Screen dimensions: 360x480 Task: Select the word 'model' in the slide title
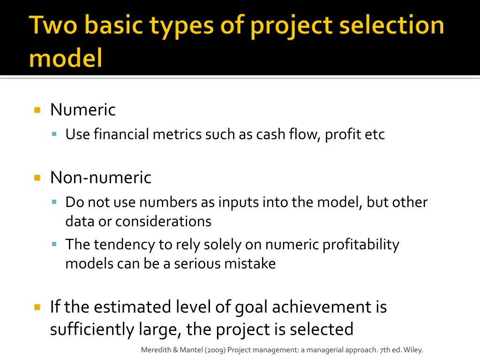click(x=66, y=60)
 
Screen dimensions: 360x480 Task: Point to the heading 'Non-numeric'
click(x=101, y=178)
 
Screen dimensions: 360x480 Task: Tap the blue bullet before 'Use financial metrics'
click(x=54, y=135)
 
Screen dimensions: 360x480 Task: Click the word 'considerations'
click(x=163, y=221)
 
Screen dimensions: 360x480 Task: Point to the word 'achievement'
click(x=319, y=307)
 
